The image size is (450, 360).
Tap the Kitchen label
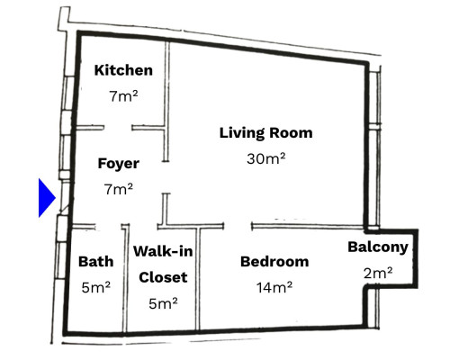(x=123, y=71)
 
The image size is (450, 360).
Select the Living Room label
(x=265, y=133)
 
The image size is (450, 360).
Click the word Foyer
(x=119, y=164)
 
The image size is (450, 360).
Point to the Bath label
(x=95, y=262)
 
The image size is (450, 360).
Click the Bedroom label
(x=274, y=262)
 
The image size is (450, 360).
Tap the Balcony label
(x=378, y=247)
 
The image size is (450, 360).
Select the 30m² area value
(x=265, y=158)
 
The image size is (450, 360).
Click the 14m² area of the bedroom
(x=274, y=288)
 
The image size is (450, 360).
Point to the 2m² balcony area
(x=378, y=274)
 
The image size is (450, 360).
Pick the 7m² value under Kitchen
(x=123, y=95)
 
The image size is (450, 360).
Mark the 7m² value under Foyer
(x=119, y=189)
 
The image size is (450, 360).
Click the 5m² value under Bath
(x=95, y=288)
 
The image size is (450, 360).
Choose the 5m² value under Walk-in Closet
(x=162, y=303)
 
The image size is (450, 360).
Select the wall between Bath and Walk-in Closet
(x=126, y=279)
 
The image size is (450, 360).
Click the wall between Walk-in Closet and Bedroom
(x=199, y=279)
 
